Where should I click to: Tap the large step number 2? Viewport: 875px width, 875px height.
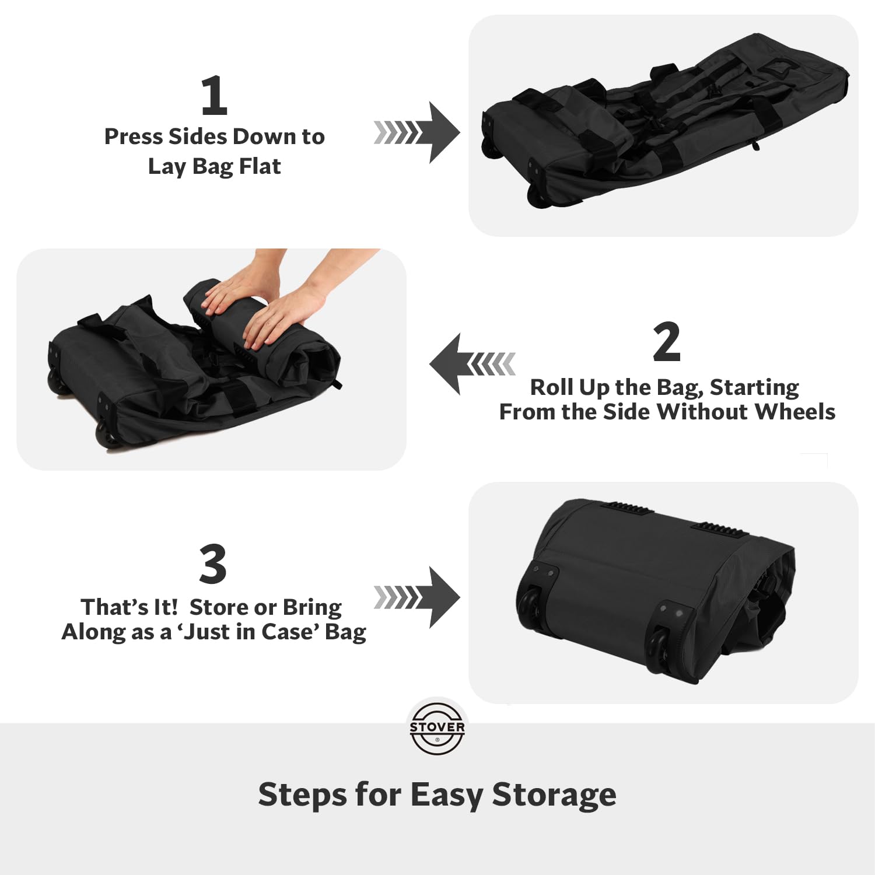point(667,342)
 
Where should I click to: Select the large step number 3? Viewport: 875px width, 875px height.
point(213,564)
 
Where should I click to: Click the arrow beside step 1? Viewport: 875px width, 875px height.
point(416,132)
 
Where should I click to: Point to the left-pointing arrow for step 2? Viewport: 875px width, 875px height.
point(473,364)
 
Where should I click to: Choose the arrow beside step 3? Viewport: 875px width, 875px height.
point(416,597)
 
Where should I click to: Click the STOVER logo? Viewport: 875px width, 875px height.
point(437,728)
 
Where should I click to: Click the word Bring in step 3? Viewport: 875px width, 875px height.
point(313,608)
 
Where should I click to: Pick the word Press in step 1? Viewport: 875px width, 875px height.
point(134,136)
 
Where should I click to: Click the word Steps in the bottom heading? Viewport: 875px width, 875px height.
point(302,796)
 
